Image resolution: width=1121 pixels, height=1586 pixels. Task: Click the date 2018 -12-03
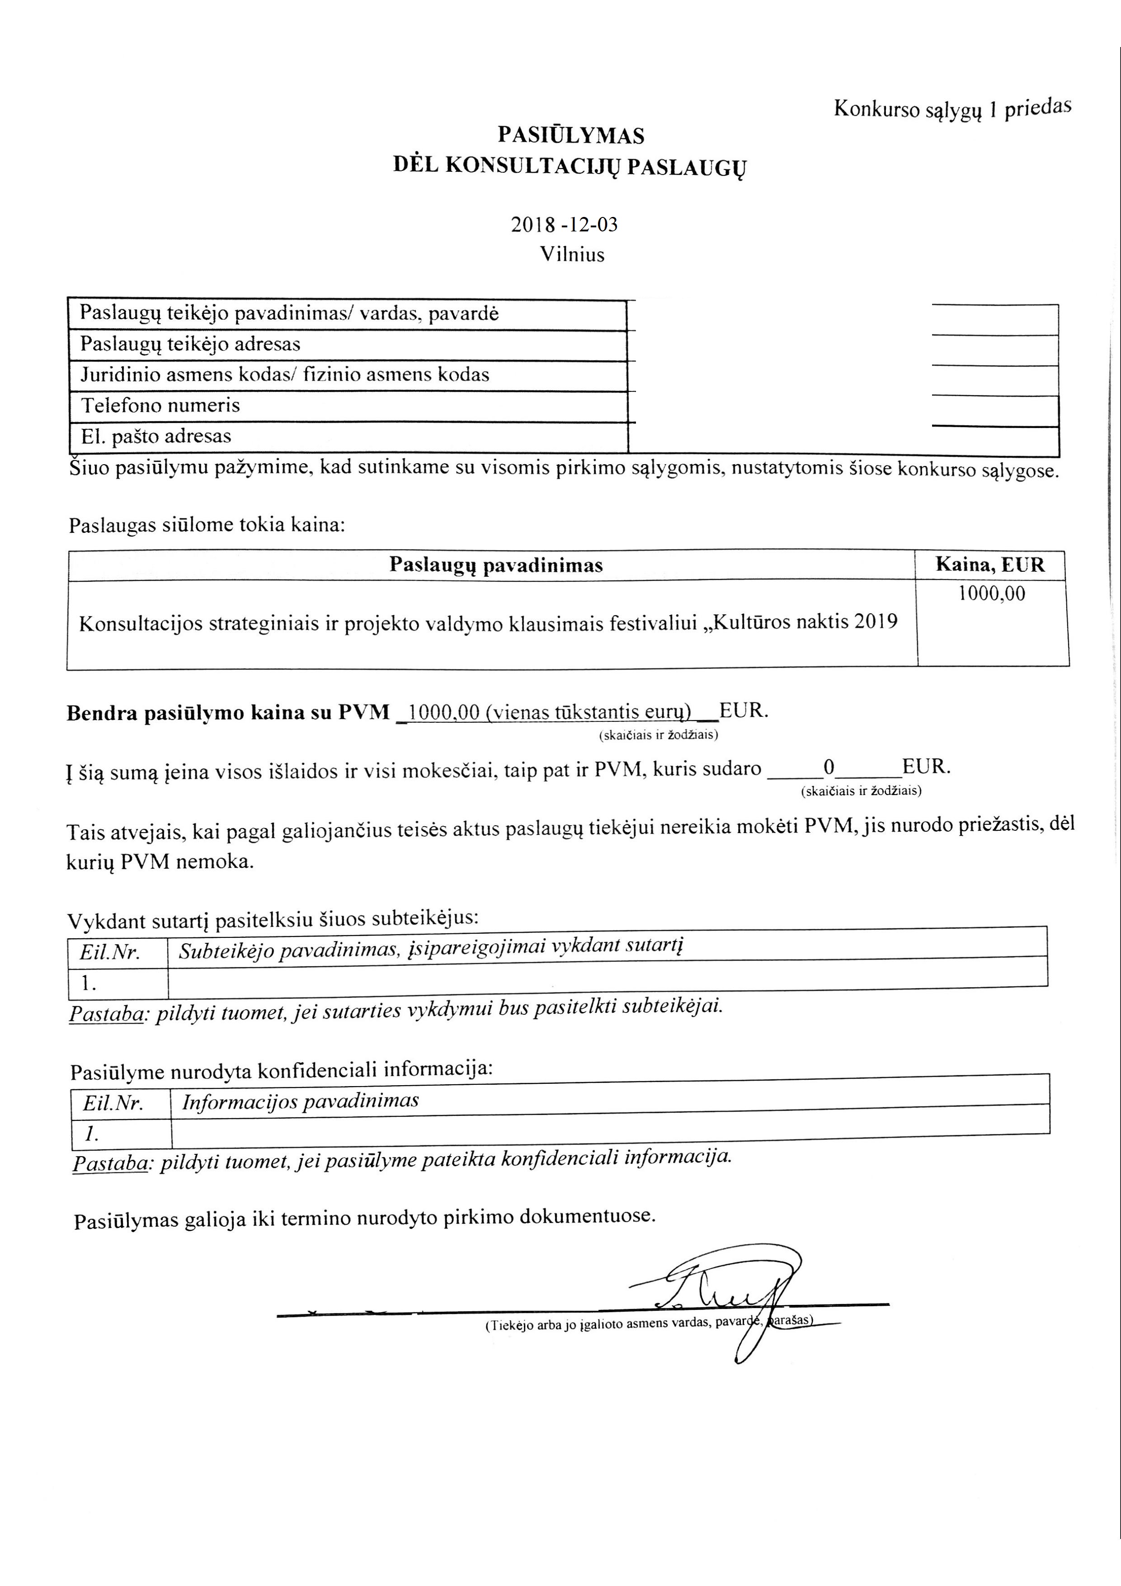564,225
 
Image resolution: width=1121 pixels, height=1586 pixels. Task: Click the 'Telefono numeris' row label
161,405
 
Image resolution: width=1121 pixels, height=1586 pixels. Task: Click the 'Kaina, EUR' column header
990,565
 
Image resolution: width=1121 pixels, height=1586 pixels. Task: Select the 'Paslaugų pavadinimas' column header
496,565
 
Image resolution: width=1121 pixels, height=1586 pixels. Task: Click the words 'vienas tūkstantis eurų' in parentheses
589,711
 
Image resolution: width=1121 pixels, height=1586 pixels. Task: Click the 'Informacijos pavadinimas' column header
301,1101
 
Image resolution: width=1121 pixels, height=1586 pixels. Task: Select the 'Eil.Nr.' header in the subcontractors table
110,953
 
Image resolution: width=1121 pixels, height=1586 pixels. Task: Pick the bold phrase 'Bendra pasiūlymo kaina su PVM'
228,713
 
